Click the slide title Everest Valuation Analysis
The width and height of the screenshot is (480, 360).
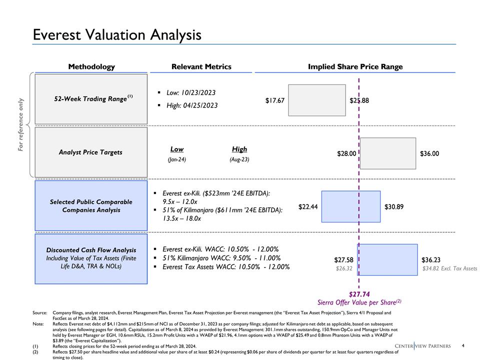click(117, 34)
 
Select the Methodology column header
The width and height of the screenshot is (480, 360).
click(91, 66)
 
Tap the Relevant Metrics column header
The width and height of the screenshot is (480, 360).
click(201, 66)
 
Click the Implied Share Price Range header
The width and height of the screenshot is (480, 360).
click(355, 66)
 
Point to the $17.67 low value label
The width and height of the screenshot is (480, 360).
click(274, 100)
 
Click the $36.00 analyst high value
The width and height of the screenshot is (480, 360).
click(429, 153)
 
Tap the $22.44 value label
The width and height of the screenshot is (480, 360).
click(308, 206)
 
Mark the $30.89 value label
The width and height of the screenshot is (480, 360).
click(394, 206)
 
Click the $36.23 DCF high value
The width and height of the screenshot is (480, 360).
click(431, 260)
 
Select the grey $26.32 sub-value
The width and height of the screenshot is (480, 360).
click(343, 268)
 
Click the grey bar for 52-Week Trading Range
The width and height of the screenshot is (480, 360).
click(317, 100)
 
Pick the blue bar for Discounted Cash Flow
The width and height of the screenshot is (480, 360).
click(387, 259)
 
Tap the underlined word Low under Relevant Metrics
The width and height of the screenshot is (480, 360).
click(177, 149)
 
